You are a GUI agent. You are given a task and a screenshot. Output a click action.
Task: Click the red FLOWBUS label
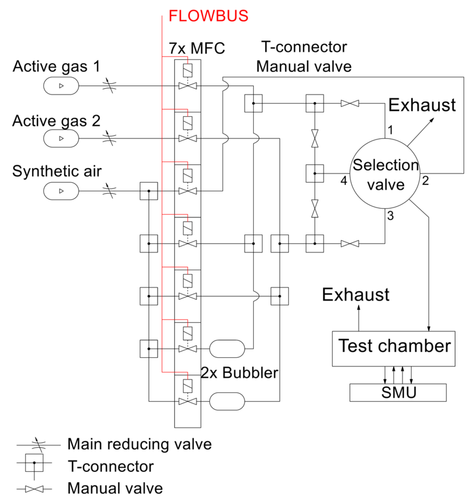pyautogui.click(x=208, y=16)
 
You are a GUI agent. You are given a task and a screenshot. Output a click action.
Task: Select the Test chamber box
pyautogui.click(x=393, y=348)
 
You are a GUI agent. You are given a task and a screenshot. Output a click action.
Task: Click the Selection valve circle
pyautogui.click(x=385, y=174)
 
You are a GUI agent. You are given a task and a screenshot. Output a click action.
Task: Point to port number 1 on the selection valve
pyautogui.click(x=390, y=130)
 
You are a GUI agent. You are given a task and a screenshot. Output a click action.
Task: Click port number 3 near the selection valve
pyautogui.click(x=390, y=216)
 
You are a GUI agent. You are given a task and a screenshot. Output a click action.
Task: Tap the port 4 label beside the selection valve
pyautogui.click(x=343, y=181)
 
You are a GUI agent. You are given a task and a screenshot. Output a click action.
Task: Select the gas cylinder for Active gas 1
pyautogui.click(x=61, y=86)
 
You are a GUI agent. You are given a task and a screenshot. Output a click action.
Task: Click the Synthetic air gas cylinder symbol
pyautogui.click(x=61, y=191)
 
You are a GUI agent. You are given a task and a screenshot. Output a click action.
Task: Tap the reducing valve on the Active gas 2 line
pyautogui.click(x=109, y=138)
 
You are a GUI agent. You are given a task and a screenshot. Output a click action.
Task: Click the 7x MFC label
pyautogui.click(x=197, y=48)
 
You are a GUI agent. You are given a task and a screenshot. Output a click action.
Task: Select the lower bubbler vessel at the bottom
pyautogui.click(x=227, y=401)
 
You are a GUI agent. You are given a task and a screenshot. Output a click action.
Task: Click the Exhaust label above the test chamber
pyautogui.click(x=355, y=295)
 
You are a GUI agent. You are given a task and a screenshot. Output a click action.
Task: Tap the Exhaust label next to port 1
pyautogui.click(x=422, y=105)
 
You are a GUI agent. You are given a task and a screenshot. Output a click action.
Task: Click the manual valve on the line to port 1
pyautogui.click(x=350, y=103)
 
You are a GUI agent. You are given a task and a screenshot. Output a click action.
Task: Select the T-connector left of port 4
pyautogui.click(x=314, y=174)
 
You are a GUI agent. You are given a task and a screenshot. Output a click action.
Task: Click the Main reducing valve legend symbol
pyautogui.click(x=39, y=445)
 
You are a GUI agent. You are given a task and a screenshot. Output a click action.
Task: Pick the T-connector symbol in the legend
pyautogui.click(x=34, y=463)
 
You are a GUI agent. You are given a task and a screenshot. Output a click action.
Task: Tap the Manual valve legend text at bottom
pyautogui.click(x=115, y=488)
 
